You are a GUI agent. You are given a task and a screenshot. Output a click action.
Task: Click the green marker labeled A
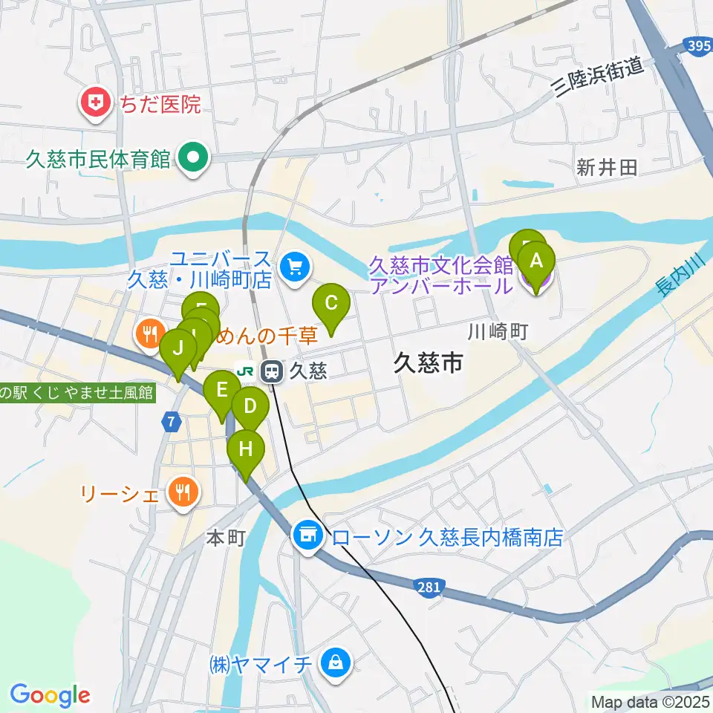(x=539, y=261)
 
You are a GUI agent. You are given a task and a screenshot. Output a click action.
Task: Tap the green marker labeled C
(x=331, y=304)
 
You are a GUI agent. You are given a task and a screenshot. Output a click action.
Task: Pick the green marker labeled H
(x=245, y=449)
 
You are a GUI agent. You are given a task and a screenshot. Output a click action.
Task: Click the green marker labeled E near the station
(x=221, y=390)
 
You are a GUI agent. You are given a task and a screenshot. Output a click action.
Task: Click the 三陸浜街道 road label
(x=599, y=79)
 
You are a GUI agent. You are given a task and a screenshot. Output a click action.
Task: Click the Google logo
(x=50, y=695)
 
